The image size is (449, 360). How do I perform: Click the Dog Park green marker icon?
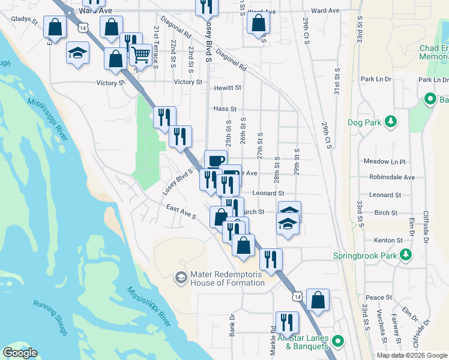[x=391, y=122]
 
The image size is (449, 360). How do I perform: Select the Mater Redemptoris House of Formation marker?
[x=180, y=278]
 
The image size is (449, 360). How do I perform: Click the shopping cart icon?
[x=140, y=55]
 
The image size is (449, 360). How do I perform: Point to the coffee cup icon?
[x=216, y=160]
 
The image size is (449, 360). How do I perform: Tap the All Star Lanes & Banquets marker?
[x=337, y=341]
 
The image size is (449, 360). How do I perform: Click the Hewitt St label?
[x=228, y=88]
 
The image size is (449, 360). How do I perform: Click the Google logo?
[x=20, y=353]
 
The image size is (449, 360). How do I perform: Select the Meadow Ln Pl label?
[x=385, y=162]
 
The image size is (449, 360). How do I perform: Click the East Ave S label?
[x=182, y=212]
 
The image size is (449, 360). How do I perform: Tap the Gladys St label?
[x=25, y=19]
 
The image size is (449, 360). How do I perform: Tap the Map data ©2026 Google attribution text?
[x=411, y=355]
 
